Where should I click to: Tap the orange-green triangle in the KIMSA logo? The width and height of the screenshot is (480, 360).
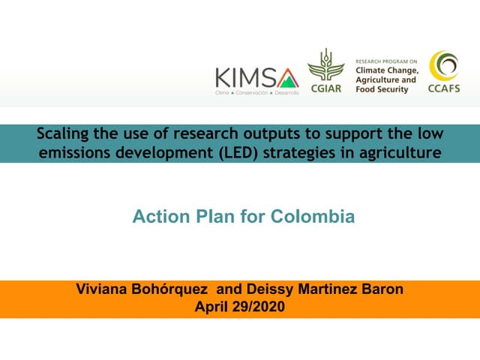287,77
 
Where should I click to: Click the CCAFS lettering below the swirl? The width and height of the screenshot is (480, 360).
443,89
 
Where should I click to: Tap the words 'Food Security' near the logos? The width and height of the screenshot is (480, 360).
382,89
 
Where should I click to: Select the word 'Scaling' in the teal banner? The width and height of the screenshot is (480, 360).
64,134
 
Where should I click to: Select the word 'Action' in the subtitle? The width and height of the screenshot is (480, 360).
156,217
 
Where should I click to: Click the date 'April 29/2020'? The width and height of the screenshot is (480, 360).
239,306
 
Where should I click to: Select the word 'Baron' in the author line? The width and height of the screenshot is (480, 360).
382,290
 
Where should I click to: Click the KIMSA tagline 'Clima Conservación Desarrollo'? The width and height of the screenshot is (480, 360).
256,92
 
